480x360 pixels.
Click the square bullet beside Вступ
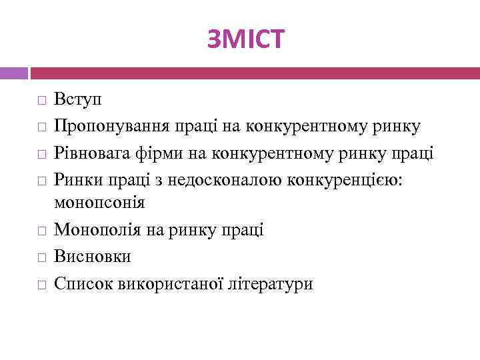pyautogui.click(x=41, y=102)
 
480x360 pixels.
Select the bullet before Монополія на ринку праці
pyautogui.click(x=41, y=231)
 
